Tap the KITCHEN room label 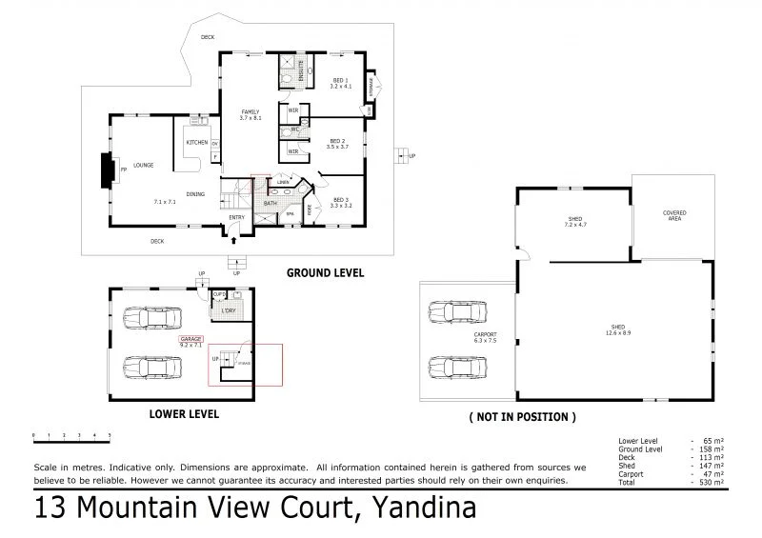(197, 142)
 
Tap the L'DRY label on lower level (228, 311)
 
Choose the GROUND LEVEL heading (325, 272)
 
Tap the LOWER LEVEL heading (185, 413)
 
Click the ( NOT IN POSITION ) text (522, 416)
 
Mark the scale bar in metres (71, 437)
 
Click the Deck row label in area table (626, 455)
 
